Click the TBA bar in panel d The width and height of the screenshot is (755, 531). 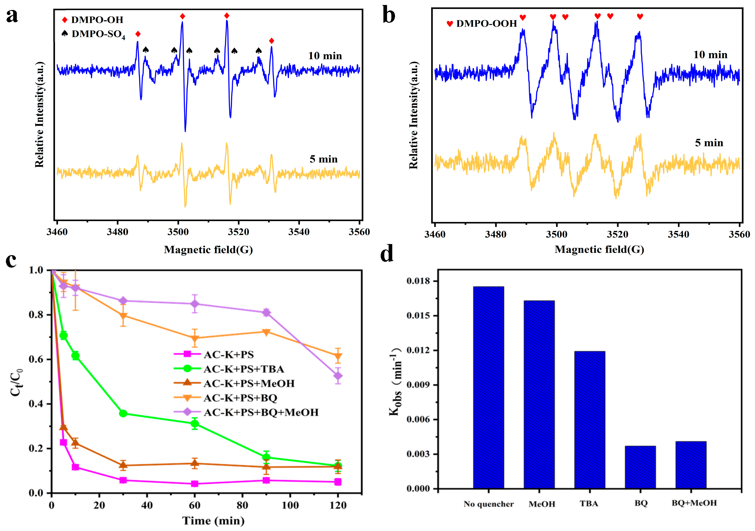[x=590, y=420]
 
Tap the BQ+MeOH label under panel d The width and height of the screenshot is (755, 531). [x=694, y=503]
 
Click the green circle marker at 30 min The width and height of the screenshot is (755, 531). [x=123, y=413]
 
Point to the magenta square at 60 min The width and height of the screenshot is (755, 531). [x=195, y=484]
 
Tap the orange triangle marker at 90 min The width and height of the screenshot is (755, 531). [x=266, y=332]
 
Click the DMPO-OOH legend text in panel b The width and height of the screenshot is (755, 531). [x=486, y=24]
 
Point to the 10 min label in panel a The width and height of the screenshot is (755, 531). [x=325, y=56]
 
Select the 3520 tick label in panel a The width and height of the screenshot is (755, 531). [x=238, y=232]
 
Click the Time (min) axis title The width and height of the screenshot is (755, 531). [x=213, y=521]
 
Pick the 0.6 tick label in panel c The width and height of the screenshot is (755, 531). [x=36, y=359]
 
